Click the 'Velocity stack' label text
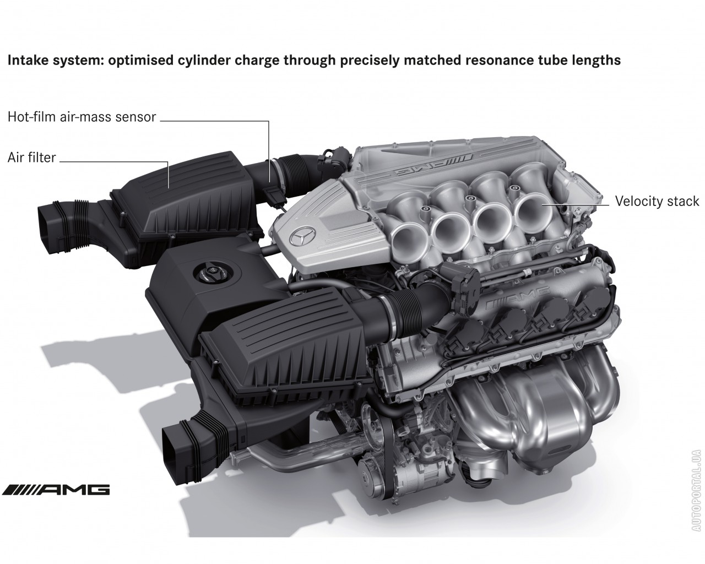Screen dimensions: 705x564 coord(657,202)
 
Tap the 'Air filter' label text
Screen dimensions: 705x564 coord(32,158)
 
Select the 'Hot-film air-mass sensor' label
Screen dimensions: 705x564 coord(82,117)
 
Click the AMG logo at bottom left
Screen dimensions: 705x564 coord(56,490)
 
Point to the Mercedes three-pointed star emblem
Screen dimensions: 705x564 coord(302,235)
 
